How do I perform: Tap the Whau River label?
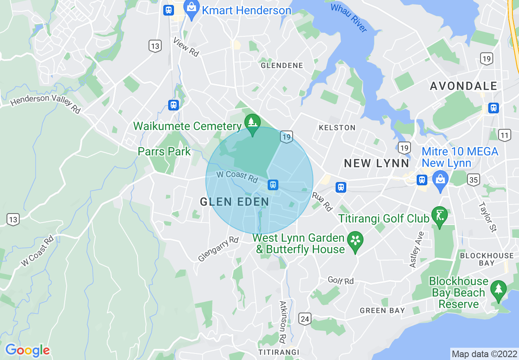(348, 18)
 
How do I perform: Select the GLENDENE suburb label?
(282, 65)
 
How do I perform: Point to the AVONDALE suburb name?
(463, 86)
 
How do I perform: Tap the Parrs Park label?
(164, 152)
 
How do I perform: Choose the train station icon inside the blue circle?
(273, 184)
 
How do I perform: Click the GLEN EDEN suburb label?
(234, 201)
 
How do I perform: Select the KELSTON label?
(337, 128)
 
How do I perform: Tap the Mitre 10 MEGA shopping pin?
(440, 180)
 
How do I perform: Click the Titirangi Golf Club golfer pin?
(439, 216)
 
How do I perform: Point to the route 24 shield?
(305, 319)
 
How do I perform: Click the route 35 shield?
(474, 180)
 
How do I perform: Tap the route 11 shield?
(505, 135)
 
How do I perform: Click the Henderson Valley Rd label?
(45, 103)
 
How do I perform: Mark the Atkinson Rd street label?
(283, 322)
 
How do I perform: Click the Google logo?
(27, 350)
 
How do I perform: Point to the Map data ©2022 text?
(484, 353)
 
